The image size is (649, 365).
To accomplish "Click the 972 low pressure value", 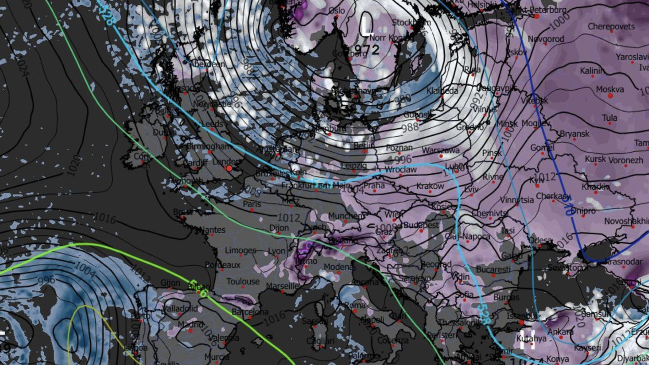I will (367, 50).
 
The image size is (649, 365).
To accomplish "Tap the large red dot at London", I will (229, 168).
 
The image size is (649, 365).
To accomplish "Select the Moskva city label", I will (610, 90).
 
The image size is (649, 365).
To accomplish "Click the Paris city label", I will (252, 204).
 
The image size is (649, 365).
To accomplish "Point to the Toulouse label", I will (243, 282).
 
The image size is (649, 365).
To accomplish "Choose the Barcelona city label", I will (250, 312).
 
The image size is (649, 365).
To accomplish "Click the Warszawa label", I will (440, 150).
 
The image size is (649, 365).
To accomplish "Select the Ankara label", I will (561, 332).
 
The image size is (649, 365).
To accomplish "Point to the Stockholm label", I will (405, 22).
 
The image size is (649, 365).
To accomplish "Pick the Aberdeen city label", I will (207, 64).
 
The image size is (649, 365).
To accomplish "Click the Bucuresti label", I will (493, 270).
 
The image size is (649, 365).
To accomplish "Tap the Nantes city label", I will (212, 230).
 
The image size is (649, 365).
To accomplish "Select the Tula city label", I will (609, 118).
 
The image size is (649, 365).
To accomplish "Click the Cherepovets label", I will (611, 26).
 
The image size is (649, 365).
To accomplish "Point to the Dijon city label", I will (279, 228).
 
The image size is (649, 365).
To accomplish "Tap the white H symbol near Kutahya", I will (527, 339).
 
